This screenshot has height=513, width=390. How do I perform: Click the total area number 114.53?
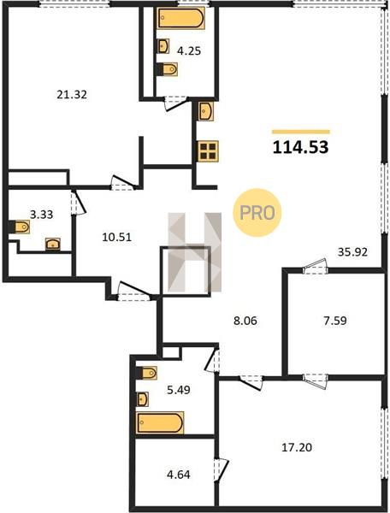pyautogui.click(x=301, y=148)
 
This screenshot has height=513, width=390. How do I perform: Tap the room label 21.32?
pyautogui.click(x=72, y=95)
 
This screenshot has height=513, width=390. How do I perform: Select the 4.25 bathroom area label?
pyautogui.click(x=189, y=51)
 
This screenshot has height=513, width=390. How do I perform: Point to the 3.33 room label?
pyautogui.click(x=42, y=215)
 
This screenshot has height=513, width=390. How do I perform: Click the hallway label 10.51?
pyautogui.click(x=117, y=237)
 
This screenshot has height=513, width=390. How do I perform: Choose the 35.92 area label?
pyautogui.click(x=352, y=252)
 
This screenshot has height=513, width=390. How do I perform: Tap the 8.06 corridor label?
pyautogui.click(x=245, y=321)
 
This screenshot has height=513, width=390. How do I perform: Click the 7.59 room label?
pyautogui.click(x=334, y=321)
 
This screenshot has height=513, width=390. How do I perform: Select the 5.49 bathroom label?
pyautogui.click(x=179, y=390)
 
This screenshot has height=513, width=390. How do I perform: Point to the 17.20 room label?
pyautogui.click(x=297, y=447)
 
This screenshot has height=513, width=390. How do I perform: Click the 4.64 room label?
pyautogui.click(x=179, y=475)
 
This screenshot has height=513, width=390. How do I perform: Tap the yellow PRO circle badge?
pyautogui.click(x=257, y=213)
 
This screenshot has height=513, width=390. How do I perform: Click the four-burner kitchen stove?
pyautogui.click(x=208, y=151)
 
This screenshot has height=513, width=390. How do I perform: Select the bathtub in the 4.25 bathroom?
pyautogui.click(x=181, y=18)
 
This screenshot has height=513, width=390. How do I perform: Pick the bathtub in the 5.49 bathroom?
pyautogui.click(x=160, y=422)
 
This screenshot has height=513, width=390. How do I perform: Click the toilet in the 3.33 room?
pyautogui.click(x=20, y=227)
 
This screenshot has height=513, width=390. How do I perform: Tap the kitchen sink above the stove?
pyautogui.click(x=206, y=111)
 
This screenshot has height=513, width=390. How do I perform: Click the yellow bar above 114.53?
pyautogui.click(x=301, y=132)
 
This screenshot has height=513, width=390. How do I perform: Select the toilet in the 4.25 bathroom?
pyautogui.click(x=167, y=69)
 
